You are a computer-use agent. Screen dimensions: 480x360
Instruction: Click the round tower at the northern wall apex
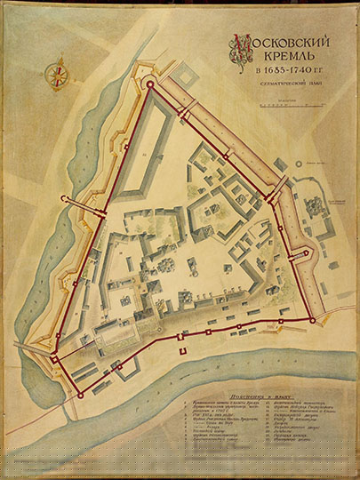(150, 85)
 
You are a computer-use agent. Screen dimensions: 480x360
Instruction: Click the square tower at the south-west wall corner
(55, 358)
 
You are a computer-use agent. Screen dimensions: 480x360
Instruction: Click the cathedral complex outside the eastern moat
(314, 196)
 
